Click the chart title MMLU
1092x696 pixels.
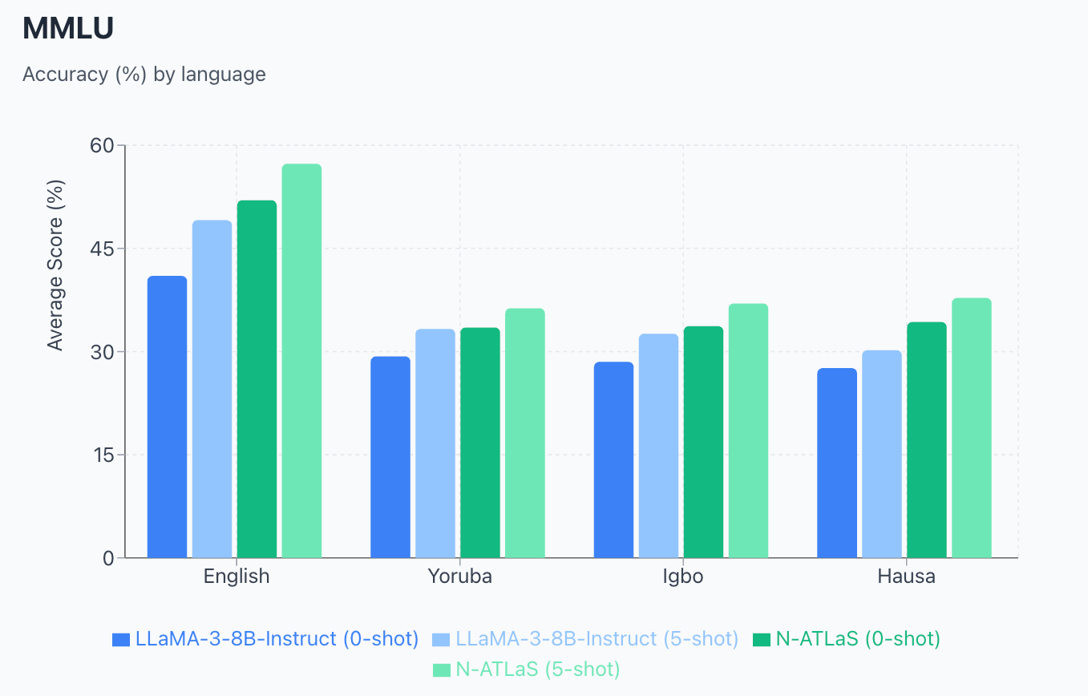tap(68, 29)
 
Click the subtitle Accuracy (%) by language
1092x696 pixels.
tap(144, 75)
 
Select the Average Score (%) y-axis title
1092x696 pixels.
tap(55, 265)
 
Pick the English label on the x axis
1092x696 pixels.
tap(237, 577)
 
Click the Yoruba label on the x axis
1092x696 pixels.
tap(459, 577)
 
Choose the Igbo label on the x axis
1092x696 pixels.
tap(682, 577)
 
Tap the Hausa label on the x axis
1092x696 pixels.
tap(906, 577)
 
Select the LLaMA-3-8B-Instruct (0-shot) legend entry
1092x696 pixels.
tap(266, 639)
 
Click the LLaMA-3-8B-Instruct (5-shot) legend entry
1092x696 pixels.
tap(585, 639)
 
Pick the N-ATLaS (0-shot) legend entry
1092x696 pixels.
tap(847, 639)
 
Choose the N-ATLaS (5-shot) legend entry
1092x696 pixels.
tap(526, 669)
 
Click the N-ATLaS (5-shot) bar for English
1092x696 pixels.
tap(301, 361)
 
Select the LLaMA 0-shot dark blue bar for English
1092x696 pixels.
tap(167, 417)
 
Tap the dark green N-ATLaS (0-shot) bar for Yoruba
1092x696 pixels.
tap(480, 443)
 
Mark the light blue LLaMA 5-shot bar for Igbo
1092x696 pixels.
tap(658, 446)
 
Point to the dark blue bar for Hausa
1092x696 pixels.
tap(836, 463)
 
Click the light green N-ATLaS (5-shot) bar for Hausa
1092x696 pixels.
tap(972, 428)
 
